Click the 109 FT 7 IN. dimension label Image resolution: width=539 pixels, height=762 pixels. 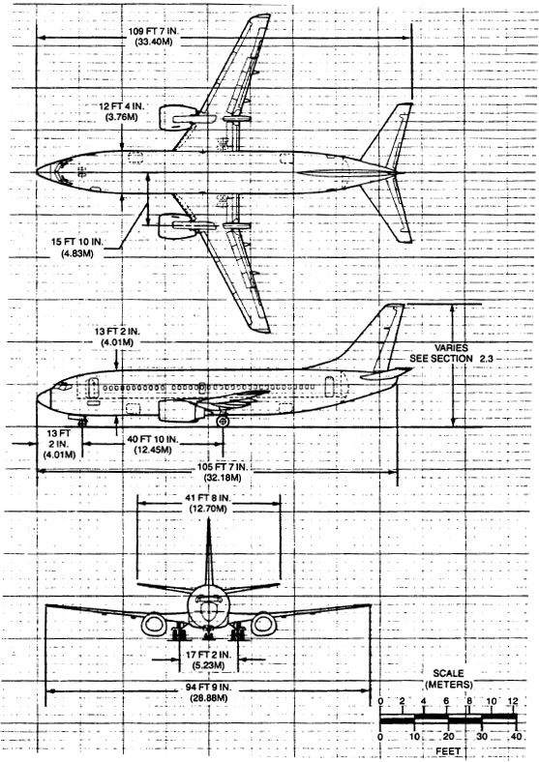point(150,36)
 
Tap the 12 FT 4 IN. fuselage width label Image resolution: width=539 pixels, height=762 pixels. point(121,111)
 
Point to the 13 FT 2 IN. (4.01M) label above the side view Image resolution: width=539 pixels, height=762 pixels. point(117,337)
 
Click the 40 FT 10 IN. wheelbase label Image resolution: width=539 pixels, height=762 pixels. point(153,444)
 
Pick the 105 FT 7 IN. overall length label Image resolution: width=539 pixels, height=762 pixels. point(223,472)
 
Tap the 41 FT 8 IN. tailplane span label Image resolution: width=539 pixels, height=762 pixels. point(208,503)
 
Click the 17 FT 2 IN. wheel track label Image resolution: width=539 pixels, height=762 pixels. point(208,659)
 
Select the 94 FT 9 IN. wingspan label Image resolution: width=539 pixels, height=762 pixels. point(208,692)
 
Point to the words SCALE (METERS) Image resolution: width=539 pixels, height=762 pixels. point(448,679)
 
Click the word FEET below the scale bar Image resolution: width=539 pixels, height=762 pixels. point(448,751)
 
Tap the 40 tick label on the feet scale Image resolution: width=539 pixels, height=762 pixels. point(516,737)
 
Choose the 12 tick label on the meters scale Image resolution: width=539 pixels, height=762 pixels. point(513,702)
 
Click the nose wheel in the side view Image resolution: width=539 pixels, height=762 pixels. point(82,422)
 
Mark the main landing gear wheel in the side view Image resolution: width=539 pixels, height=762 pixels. point(223,421)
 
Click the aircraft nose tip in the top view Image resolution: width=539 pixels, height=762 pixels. point(37,172)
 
